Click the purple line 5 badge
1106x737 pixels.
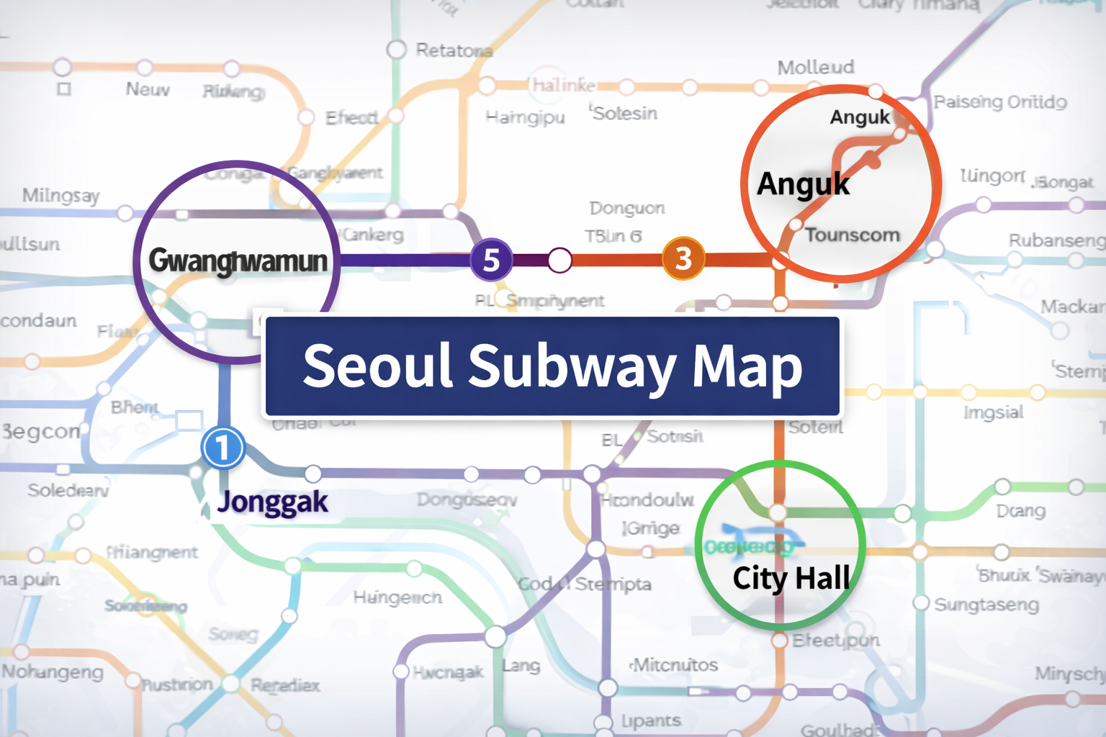tap(491, 259)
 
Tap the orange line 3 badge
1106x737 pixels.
tap(683, 258)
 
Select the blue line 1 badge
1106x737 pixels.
tap(223, 447)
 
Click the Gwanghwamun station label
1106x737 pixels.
tap(238, 261)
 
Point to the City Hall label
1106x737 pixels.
tap(791, 577)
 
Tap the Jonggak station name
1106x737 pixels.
tap(273, 502)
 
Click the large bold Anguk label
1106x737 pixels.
tap(803, 184)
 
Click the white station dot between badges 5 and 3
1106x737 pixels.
tap(559, 260)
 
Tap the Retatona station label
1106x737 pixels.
tap(454, 50)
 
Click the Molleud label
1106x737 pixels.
tap(816, 68)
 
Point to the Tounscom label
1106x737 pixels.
tap(852, 235)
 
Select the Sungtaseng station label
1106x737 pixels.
tap(986, 605)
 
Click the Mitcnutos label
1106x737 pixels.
tap(675, 664)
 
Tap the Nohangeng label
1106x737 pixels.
tap(53, 672)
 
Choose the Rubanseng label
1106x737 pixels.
tap(1056, 240)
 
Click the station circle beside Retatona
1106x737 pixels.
tap(396, 50)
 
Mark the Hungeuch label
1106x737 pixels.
tap(397, 597)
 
